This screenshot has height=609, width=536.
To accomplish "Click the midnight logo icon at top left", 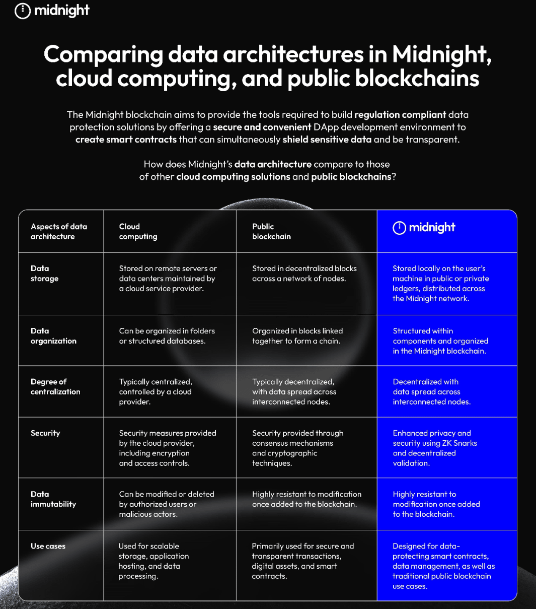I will pyautogui.click(x=23, y=11).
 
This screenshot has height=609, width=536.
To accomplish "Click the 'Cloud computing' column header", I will pyautogui.click(x=138, y=231).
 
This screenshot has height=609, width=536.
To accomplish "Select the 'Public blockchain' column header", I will pyautogui.click(x=271, y=231).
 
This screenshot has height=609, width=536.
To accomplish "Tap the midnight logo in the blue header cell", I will pyautogui.click(x=424, y=228).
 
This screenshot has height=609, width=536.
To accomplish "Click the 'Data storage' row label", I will pyautogui.click(x=44, y=274).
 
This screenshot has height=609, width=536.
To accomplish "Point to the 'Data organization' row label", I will pyautogui.click(x=53, y=336).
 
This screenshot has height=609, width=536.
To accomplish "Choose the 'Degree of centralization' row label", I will pyautogui.click(x=55, y=387).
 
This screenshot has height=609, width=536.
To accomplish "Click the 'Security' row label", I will pyautogui.click(x=45, y=433).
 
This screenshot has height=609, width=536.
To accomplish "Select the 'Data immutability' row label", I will pyautogui.click(x=53, y=499).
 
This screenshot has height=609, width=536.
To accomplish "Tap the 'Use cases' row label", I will pyautogui.click(x=48, y=546).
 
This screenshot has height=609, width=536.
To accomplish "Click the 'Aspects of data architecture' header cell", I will pyautogui.click(x=58, y=231).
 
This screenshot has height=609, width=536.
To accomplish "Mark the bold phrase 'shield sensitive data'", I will pyautogui.click(x=327, y=140).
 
